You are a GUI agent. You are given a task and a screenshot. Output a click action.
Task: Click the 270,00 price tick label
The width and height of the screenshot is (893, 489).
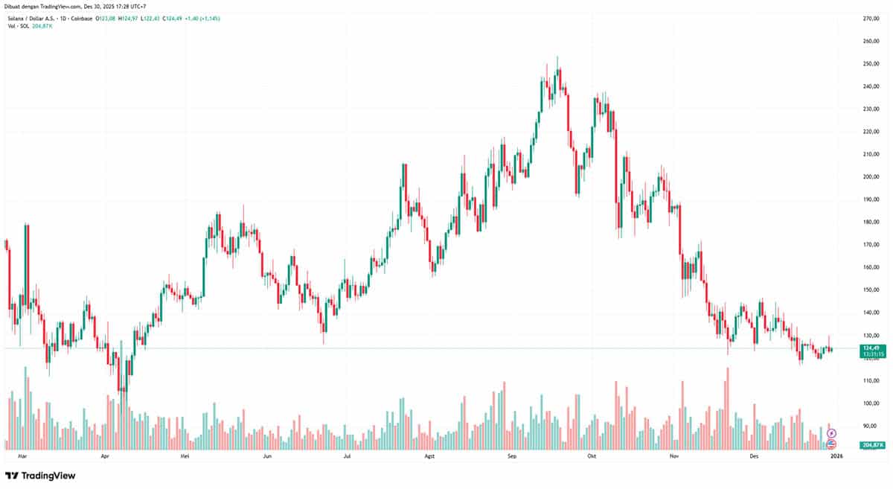point(871,18)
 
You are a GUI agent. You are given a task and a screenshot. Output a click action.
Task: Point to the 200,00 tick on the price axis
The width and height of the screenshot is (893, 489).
point(871,176)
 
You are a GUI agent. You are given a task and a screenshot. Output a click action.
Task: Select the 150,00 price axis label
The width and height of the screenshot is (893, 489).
point(871,290)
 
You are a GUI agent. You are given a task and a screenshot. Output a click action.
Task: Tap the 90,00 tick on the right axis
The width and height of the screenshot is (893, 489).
point(871,426)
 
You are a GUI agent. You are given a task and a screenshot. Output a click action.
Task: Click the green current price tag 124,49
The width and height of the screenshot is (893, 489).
point(871,348)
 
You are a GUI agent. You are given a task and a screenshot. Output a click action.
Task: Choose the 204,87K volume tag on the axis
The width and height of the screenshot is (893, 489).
point(871,444)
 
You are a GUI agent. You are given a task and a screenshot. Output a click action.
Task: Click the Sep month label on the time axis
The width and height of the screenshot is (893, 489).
point(511,454)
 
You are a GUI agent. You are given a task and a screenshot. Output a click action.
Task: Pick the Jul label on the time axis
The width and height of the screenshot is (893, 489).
point(347,454)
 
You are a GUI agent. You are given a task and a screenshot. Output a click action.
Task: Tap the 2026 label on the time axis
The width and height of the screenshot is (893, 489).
point(836,454)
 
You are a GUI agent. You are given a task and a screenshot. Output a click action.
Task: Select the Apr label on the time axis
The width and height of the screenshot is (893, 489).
point(105,454)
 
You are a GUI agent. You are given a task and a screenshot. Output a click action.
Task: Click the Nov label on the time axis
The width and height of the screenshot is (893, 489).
point(674,454)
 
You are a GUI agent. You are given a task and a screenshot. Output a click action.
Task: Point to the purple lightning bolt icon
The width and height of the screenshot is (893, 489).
point(832,432)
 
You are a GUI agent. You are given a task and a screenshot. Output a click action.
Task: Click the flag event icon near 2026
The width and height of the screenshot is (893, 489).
point(832,444)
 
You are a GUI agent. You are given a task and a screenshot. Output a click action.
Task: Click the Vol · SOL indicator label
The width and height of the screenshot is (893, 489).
point(17,25)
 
